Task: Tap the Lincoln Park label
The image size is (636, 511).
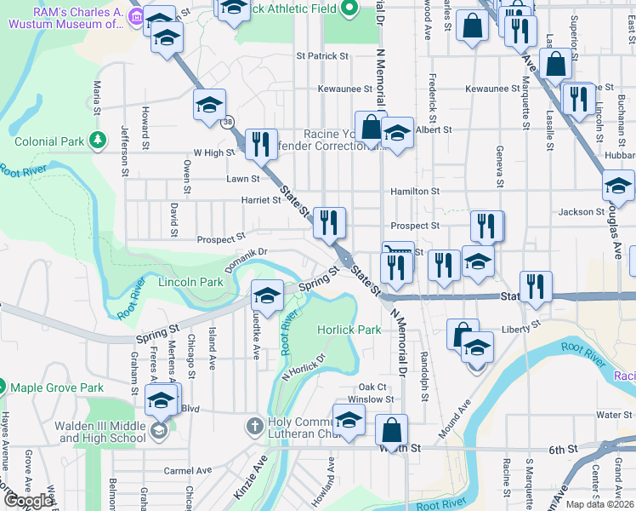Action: click(x=191, y=282)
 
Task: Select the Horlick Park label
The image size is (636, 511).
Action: click(x=349, y=330)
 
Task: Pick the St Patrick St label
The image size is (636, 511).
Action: click(x=322, y=56)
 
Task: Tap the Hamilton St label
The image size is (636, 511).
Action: click(x=415, y=192)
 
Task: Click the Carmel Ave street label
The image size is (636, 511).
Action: click(x=188, y=470)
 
